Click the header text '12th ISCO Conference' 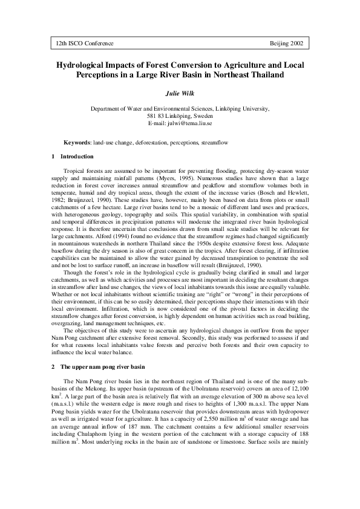pos(85,44)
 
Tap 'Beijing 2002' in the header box pos(284,44)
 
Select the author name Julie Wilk pos(180,94)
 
